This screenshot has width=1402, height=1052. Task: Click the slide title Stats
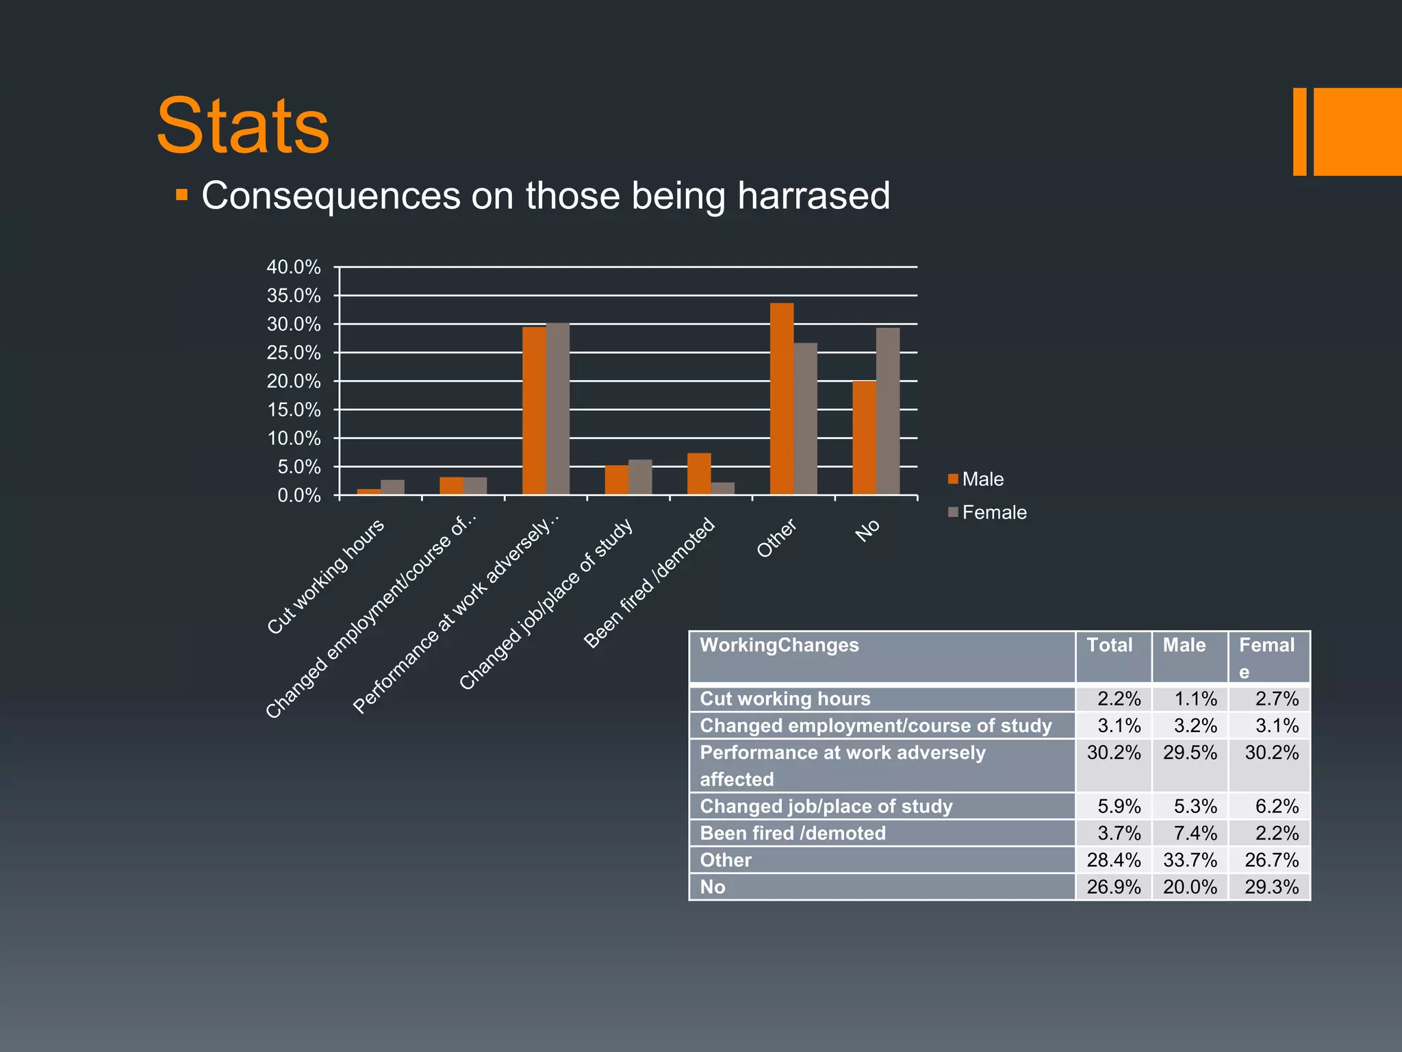coord(243,127)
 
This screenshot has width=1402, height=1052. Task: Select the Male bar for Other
coord(781,399)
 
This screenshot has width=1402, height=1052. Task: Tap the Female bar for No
coord(888,411)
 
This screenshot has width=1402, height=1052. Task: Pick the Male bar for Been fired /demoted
coord(699,474)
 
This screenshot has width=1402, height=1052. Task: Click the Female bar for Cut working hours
coord(392,487)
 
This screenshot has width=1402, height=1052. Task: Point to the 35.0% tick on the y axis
coord(294,296)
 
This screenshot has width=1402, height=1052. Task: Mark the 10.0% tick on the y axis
coord(294,438)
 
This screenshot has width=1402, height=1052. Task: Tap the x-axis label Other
coord(777,538)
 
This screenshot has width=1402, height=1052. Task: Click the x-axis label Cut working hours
coord(326,577)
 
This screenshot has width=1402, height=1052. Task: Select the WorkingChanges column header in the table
coord(779,645)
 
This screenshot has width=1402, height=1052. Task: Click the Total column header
coord(1109,645)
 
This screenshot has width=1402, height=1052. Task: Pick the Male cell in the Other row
coord(1190,860)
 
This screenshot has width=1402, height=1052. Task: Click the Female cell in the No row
coord(1271,887)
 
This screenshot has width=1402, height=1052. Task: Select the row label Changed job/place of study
coord(826,806)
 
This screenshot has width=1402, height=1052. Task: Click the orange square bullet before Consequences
coord(181,195)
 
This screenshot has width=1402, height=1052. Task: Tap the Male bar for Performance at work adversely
coord(534,411)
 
